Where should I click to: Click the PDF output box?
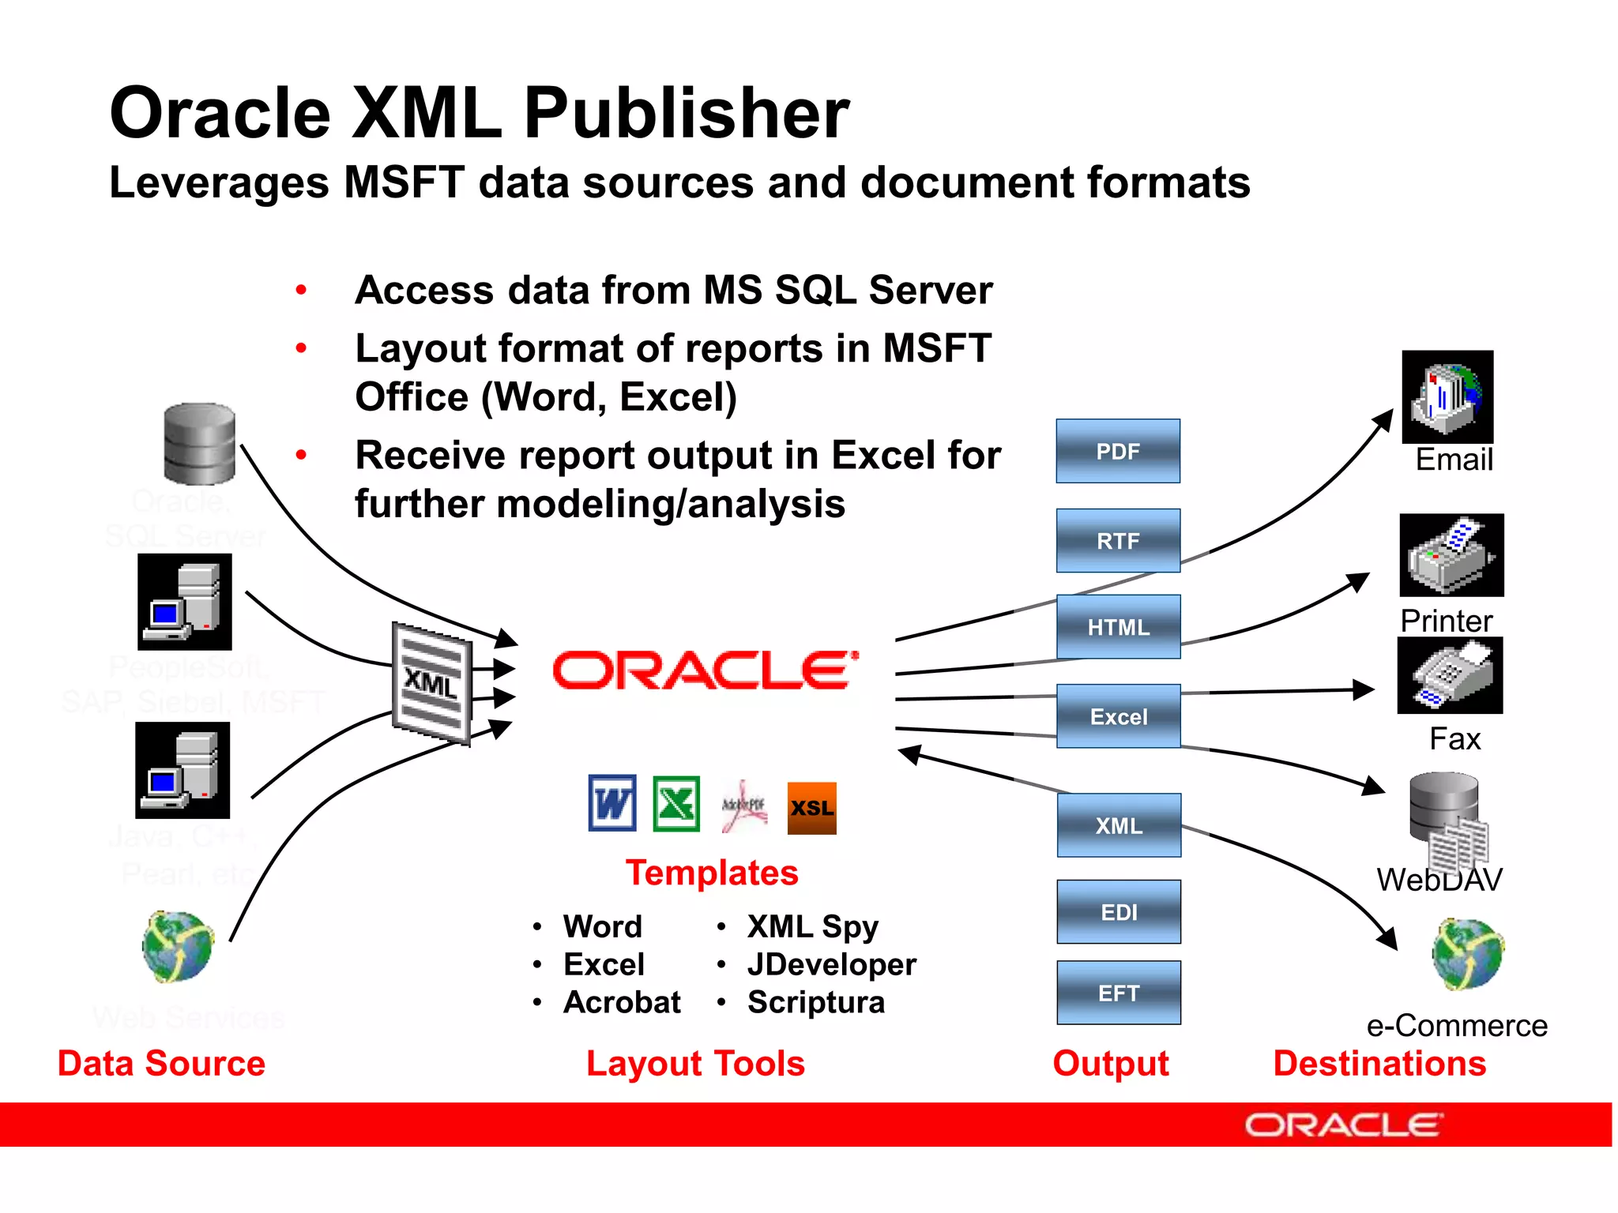point(1118,451)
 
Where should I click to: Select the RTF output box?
point(1118,540)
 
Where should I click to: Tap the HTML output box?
point(1118,627)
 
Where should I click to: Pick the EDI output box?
point(1119,912)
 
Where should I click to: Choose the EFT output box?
point(1119,993)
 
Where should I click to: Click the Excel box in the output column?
point(1119,716)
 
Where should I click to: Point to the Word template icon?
point(612,804)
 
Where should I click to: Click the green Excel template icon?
point(676,804)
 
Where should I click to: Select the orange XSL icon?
point(811,808)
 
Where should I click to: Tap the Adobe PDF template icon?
point(743,806)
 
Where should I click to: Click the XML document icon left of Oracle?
point(432,683)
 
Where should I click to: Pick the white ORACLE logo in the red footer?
point(1344,1125)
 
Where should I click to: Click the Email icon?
point(1447,396)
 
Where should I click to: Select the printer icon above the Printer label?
point(1451,555)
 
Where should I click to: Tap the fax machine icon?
point(1450,676)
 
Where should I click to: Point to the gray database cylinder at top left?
point(199,444)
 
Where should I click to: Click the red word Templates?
point(712,873)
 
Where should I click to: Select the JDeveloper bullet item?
point(831,964)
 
